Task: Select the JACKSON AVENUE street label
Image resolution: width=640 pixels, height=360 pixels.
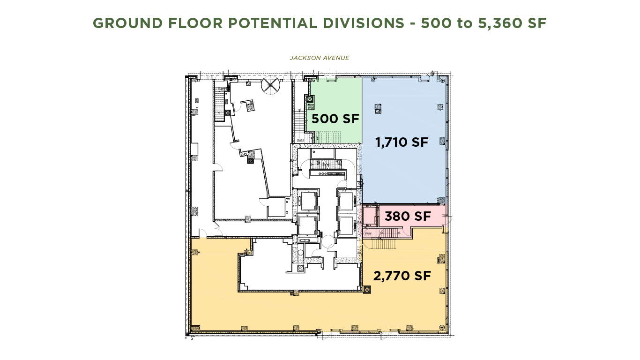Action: pos(320,58)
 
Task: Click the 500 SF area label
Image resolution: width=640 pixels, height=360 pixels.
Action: pos(335,119)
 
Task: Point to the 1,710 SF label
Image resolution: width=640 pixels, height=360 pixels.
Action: pos(402,142)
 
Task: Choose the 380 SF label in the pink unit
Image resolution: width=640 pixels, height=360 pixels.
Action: pos(407,217)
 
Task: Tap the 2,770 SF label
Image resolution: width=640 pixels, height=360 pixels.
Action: pos(402,276)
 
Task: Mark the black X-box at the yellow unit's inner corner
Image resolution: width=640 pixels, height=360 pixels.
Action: pos(366,290)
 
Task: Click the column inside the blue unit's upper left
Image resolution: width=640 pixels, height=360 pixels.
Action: pos(378,109)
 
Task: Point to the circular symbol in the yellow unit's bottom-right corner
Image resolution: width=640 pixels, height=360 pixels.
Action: pos(441,327)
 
